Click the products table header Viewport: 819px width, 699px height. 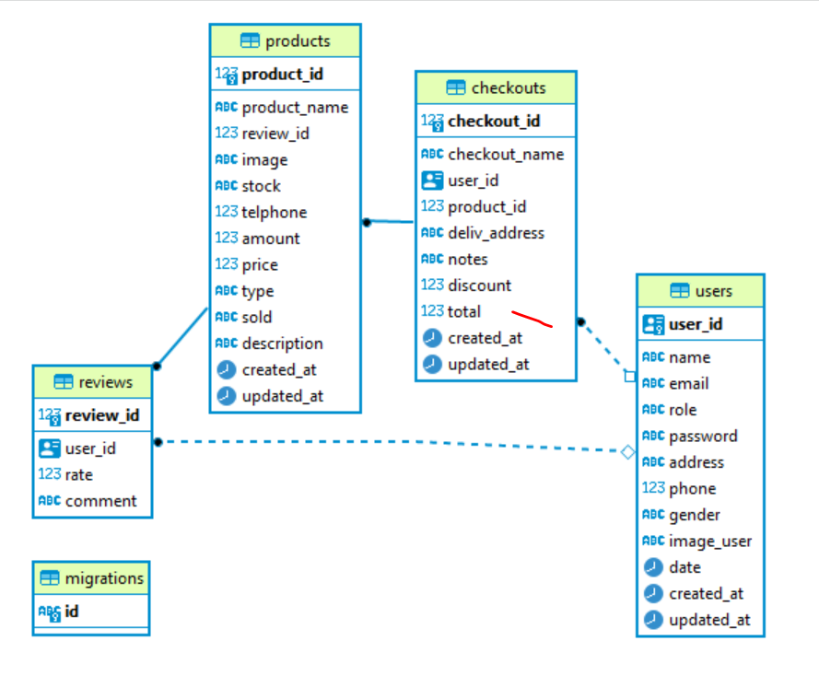[x=285, y=41]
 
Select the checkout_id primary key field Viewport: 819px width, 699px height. [x=494, y=122]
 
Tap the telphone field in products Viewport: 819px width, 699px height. [x=274, y=212]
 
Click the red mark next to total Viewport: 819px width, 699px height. [x=532, y=319]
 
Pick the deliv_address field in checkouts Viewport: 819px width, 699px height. [x=496, y=233]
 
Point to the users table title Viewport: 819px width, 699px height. [x=701, y=291]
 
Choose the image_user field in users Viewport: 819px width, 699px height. [x=709, y=542]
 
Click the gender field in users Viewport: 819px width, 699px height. [x=694, y=515]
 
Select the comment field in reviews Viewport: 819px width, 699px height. [x=100, y=501]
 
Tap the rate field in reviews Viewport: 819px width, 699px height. [x=78, y=475]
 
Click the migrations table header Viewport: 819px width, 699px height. [x=91, y=578]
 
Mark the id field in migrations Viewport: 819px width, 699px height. [x=71, y=612]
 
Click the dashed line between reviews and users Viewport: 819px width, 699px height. [x=387, y=446]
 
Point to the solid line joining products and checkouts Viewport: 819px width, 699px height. [x=390, y=222]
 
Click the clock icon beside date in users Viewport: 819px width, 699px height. [x=652, y=567]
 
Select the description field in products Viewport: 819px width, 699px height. [x=282, y=344]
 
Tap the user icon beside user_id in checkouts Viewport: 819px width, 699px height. [x=432, y=181]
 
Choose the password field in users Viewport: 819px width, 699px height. [x=703, y=437]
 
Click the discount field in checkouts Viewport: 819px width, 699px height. [x=479, y=285]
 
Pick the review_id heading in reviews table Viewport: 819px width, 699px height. [x=101, y=416]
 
